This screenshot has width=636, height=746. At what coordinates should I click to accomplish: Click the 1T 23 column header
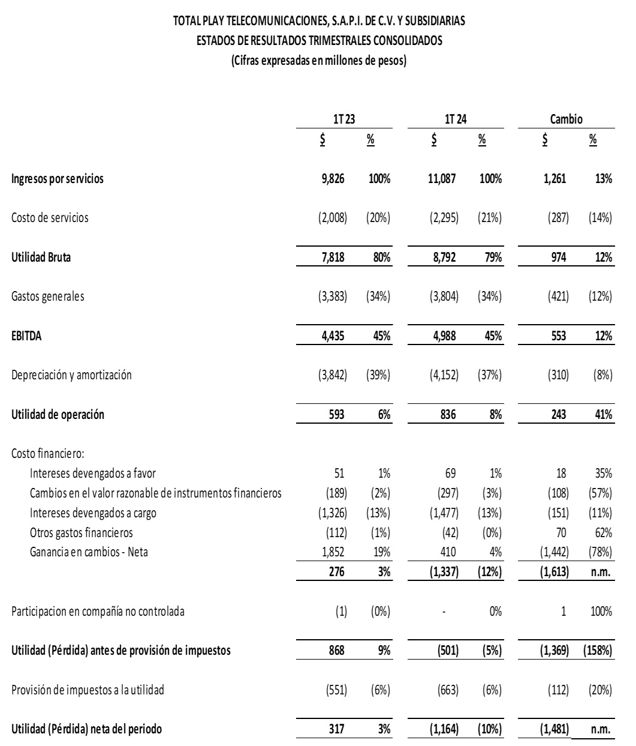coord(345,119)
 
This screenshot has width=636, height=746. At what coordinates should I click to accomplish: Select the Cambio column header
coord(566,119)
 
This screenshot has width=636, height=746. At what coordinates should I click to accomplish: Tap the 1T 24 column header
coord(456,119)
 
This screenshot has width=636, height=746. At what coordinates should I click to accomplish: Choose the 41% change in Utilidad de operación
coord(602,415)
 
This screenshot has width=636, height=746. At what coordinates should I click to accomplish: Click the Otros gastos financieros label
coord(82,532)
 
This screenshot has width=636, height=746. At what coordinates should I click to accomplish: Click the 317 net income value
coord(337,729)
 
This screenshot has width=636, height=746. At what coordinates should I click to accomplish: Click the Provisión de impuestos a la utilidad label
coord(88,690)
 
